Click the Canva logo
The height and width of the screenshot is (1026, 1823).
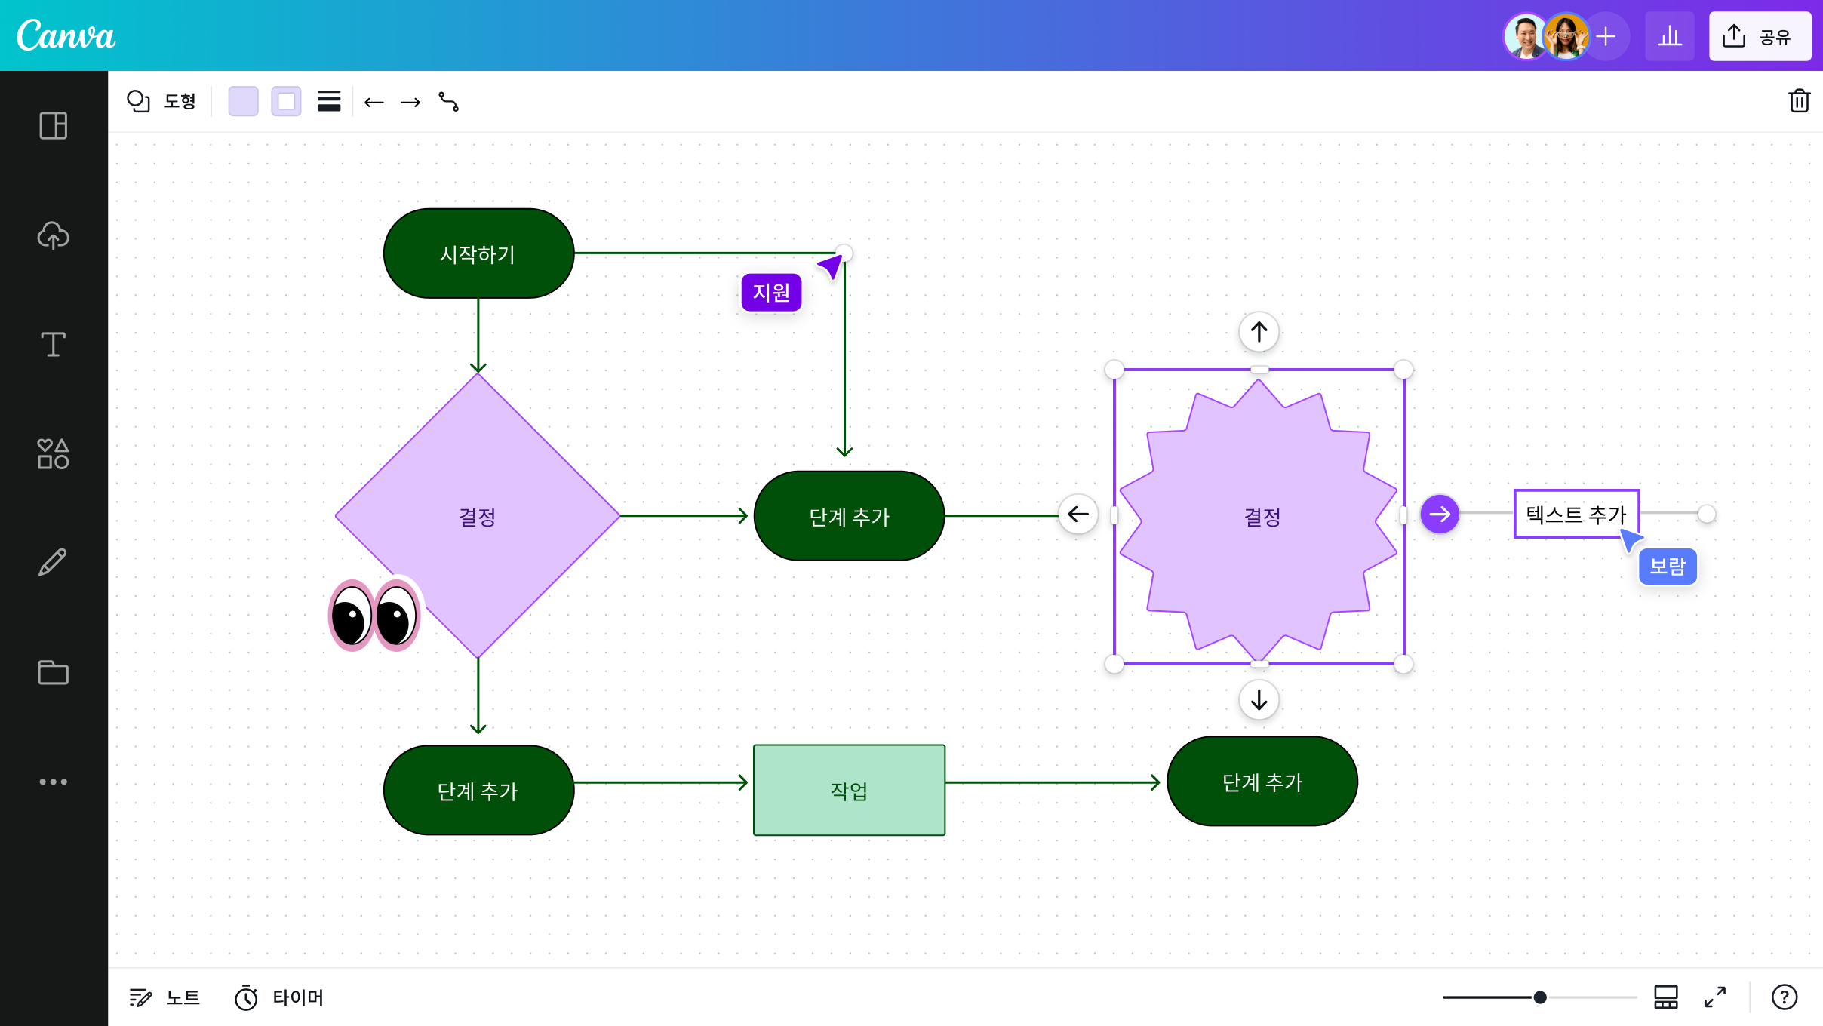[66, 35]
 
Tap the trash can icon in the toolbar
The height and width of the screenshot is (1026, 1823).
[1800, 100]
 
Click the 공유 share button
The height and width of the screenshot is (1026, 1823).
[1760, 36]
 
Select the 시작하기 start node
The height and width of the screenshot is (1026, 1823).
[478, 253]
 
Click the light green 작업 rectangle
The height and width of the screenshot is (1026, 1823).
[849, 790]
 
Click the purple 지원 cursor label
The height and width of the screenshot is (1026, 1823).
[771, 292]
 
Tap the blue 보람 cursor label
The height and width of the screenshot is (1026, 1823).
[1668, 567]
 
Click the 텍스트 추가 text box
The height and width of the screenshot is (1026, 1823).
[1576, 515]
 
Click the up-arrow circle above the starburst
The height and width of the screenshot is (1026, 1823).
[1259, 332]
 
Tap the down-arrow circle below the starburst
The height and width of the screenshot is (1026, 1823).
[1259, 700]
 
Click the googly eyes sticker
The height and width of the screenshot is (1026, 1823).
[375, 614]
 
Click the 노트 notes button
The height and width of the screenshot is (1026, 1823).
[164, 997]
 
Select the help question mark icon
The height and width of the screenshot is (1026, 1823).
[1785, 997]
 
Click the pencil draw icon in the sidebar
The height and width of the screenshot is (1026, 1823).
[53, 563]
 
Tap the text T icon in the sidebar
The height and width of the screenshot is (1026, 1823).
[53, 344]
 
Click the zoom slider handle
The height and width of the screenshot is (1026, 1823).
[1540, 997]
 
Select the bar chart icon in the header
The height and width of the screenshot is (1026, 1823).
[1670, 36]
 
